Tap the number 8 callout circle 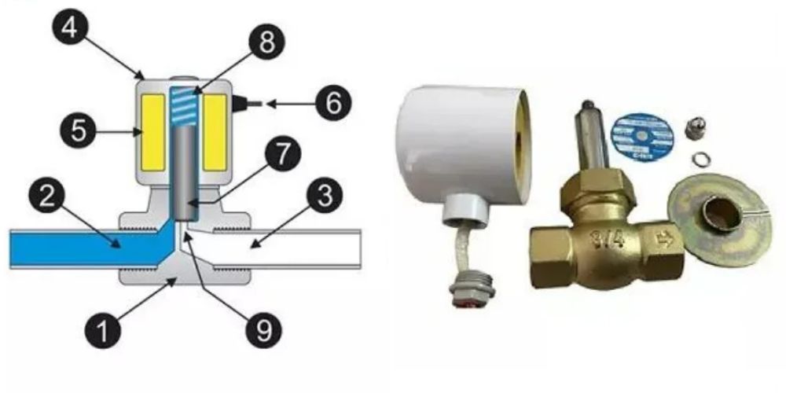point(268,42)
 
